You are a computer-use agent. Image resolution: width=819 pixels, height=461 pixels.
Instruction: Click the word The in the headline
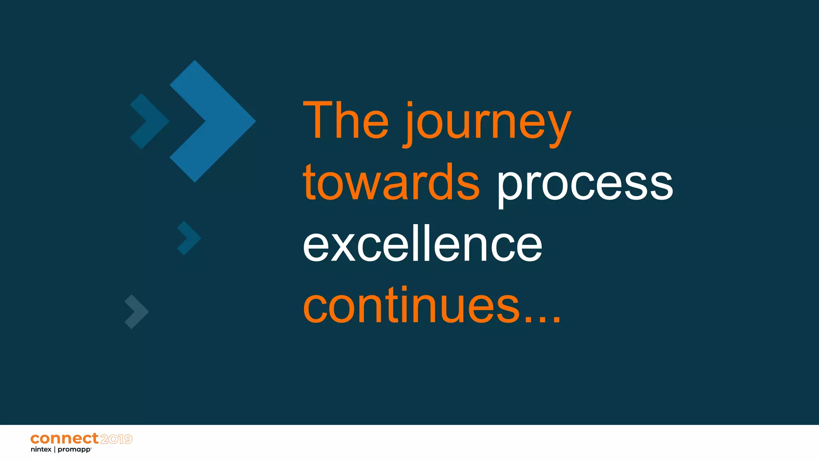[x=346, y=120]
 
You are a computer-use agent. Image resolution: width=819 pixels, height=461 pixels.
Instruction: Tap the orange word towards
[x=391, y=182]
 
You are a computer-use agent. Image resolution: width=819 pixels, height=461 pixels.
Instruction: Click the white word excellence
[x=422, y=244]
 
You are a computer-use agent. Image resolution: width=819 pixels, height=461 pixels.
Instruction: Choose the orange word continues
[x=412, y=306]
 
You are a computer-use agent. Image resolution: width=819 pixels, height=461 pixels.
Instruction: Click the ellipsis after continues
[x=543, y=319]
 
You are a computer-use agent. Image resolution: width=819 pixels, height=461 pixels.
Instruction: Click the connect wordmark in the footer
[x=64, y=439]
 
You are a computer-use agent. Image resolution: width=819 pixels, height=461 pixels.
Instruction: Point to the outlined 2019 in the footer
[x=116, y=439]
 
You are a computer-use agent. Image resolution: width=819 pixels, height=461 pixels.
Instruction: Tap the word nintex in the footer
[x=41, y=450]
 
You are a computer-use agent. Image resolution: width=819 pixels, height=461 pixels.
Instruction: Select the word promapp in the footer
[x=74, y=450]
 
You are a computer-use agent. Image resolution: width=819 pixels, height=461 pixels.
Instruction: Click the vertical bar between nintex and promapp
[x=54, y=449]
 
